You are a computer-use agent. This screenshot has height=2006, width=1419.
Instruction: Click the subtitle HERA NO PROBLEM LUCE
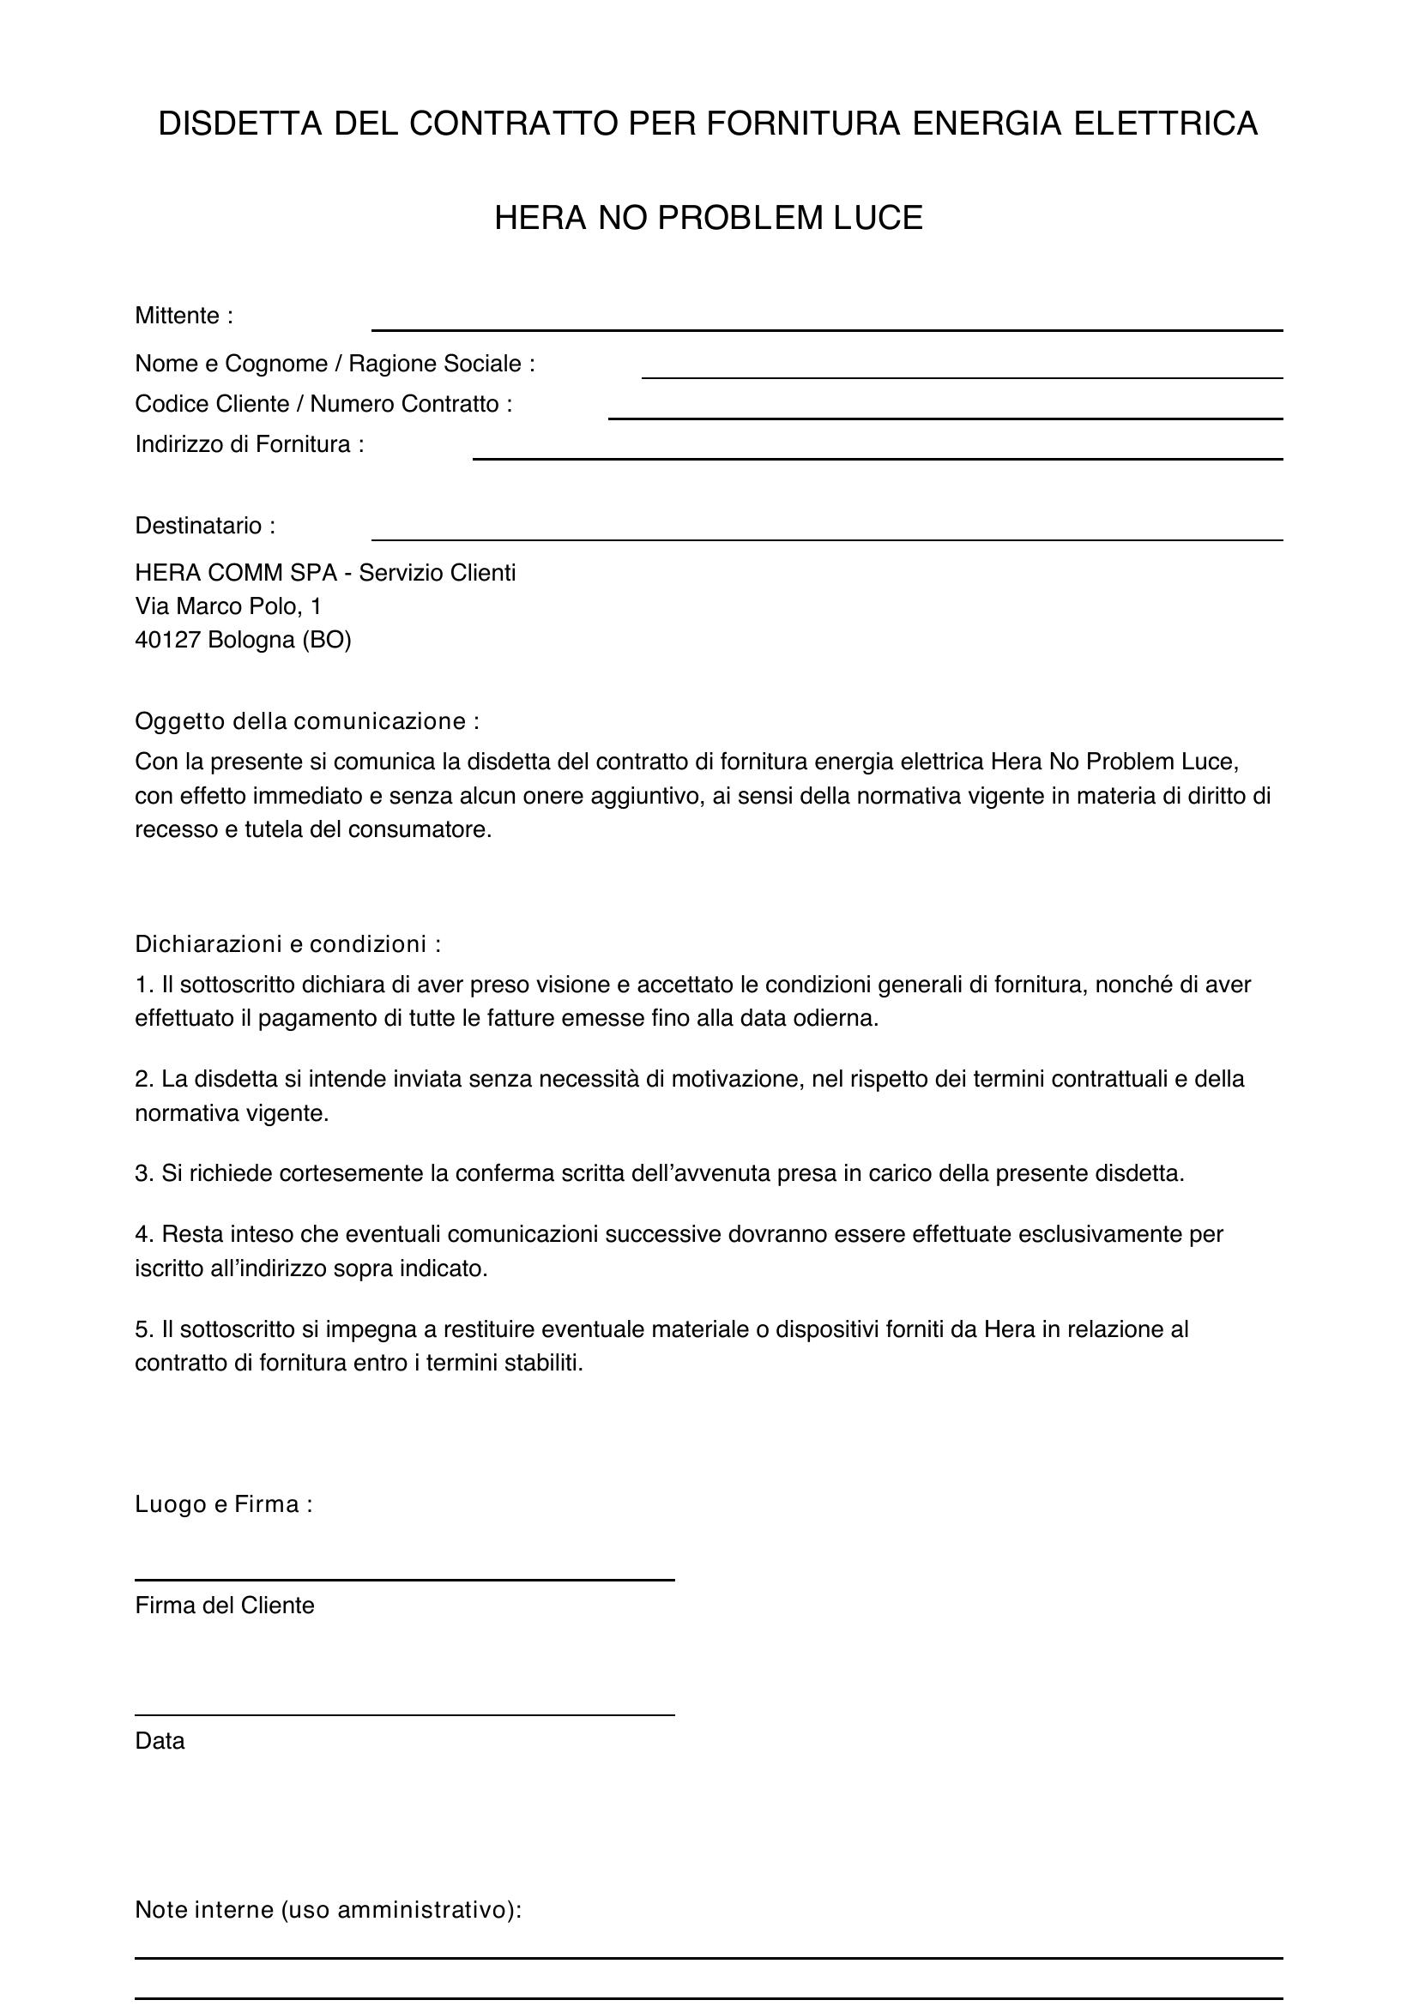coord(709,219)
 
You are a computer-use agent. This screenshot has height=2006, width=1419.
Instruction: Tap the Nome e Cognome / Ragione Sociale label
coord(335,364)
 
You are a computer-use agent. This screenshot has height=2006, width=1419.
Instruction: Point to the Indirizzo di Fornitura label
coord(249,445)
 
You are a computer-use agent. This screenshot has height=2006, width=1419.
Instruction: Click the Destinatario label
coord(204,526)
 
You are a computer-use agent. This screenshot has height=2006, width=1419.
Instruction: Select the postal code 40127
coord(168,641)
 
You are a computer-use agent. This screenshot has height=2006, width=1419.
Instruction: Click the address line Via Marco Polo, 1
coord(228,606)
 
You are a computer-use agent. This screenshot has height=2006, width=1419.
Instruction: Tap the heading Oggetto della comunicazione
coord(306,721)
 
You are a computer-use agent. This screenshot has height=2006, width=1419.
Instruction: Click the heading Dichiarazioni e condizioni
coord(287,944)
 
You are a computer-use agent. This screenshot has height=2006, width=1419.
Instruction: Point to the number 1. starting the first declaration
coord(144,985)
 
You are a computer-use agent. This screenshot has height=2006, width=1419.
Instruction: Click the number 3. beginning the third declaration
coord(144,1173)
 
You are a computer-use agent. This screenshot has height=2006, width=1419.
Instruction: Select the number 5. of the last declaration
coord(144,1330)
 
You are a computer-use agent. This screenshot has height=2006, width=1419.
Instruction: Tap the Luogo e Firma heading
coord(223,1504)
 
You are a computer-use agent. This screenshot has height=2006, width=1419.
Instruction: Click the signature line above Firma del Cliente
coord(405,1579)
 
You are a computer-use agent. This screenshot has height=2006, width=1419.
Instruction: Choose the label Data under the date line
coord(160,1741)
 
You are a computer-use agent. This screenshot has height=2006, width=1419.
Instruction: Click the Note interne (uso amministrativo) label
coord(328,1910)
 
